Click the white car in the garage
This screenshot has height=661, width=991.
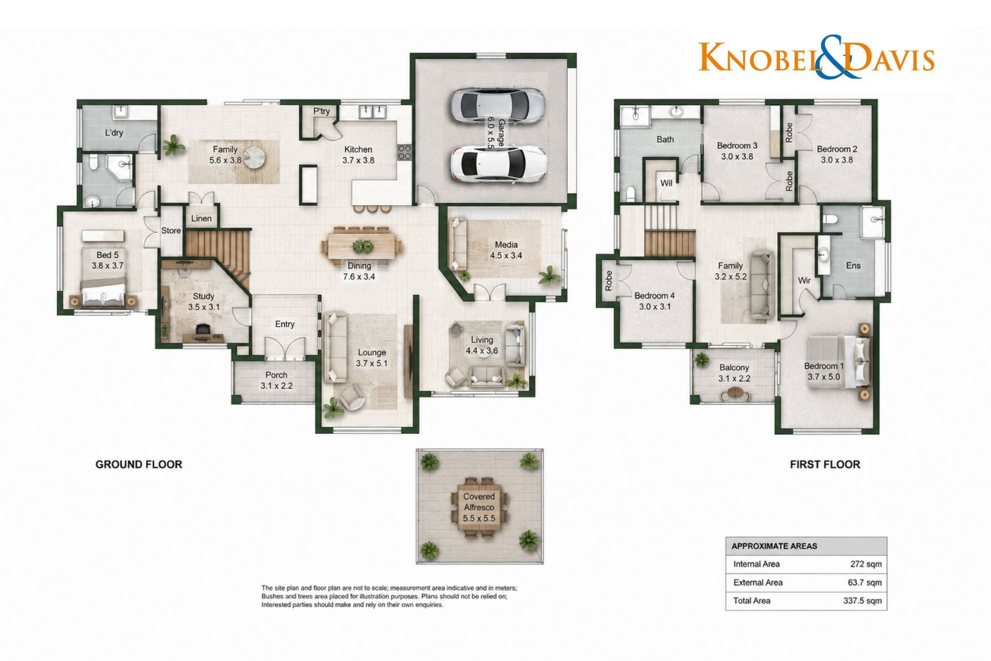pyautogui.click(x=499, y=164)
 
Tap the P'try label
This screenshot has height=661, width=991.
pyautogui.click(x=322, y=111)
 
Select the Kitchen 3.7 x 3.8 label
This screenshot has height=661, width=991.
pyautogui.click(x=358, y=155)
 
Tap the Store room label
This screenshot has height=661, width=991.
pyautogui.click(x=171, y=231)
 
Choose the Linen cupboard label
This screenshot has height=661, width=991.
pyautogui.click(x=201, y=218)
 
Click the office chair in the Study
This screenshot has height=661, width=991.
pyautogui.click(x=203, y=329)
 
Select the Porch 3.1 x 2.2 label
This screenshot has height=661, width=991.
pyautogui.click(x=277, y=381)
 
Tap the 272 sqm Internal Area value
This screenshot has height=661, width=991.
pyautogui.click(x=866, y=564)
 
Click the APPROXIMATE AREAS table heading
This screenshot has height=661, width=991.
pyautogui.click(x=774, y=546)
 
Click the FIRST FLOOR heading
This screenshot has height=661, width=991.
pyautogui.click(x=825, y=464)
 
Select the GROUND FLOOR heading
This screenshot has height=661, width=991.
pyautogui.click(x=139, y=464)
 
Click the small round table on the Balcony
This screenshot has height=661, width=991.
pyautogui.click(x=734, y=395)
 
